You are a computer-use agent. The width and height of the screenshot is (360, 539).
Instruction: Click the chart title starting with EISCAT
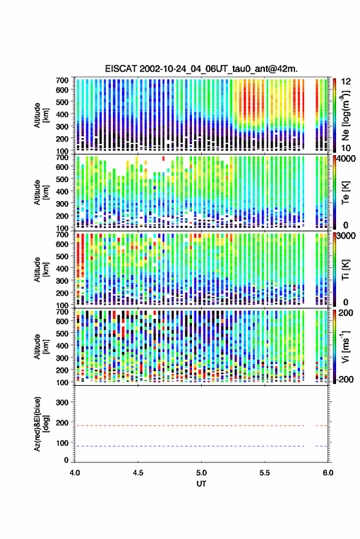[x=201, y=69]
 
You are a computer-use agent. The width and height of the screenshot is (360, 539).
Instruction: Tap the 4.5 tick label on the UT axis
[x=138, y=473]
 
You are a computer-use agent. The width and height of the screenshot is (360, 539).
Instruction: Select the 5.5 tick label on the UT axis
[x=264, y=473]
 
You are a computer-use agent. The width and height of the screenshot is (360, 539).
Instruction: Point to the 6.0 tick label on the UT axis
[x=327, y=473]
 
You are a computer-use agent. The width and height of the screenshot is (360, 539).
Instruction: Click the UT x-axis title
[x=201, y=484]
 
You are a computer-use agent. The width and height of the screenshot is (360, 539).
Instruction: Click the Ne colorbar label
[x=345, y=115]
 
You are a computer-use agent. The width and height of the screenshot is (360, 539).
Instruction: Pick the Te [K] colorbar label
[x=345, y=193]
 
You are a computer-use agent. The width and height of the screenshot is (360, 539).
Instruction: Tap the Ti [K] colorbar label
[x=345, y=270]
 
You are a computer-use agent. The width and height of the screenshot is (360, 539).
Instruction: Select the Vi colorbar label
[x=345, y=346]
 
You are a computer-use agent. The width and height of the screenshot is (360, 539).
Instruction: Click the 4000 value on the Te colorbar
[x=347, y=159]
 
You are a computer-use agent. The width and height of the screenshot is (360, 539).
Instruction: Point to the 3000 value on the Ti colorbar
[x=347, y=236]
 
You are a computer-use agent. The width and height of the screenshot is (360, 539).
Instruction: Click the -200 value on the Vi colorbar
[x=345, y=380]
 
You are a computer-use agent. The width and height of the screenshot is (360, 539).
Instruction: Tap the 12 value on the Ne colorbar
[x=347, y=82]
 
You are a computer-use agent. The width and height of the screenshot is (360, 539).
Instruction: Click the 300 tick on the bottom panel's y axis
[x=62, y=402]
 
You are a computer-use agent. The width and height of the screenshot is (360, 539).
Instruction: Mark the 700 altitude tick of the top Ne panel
[x=62, y=80]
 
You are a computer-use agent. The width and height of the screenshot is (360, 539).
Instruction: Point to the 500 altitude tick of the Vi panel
[x=62, y=333]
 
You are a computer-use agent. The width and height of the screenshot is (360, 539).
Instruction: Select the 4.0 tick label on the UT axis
[x=75, y=473]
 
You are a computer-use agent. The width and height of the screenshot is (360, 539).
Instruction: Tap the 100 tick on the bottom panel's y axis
[x=62, y=443]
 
